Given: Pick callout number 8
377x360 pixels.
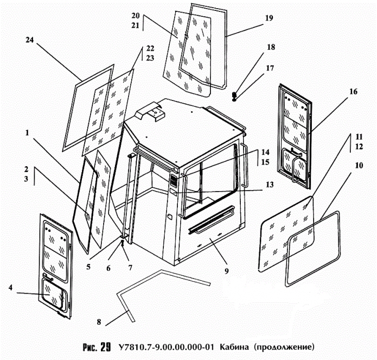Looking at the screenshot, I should pyautogui.click(x=99, y=321).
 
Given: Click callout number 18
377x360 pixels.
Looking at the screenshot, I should pyautogui.click(x=270, y=48).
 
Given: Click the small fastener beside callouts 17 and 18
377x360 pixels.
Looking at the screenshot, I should pyautogui.click(x=234, y=96).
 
